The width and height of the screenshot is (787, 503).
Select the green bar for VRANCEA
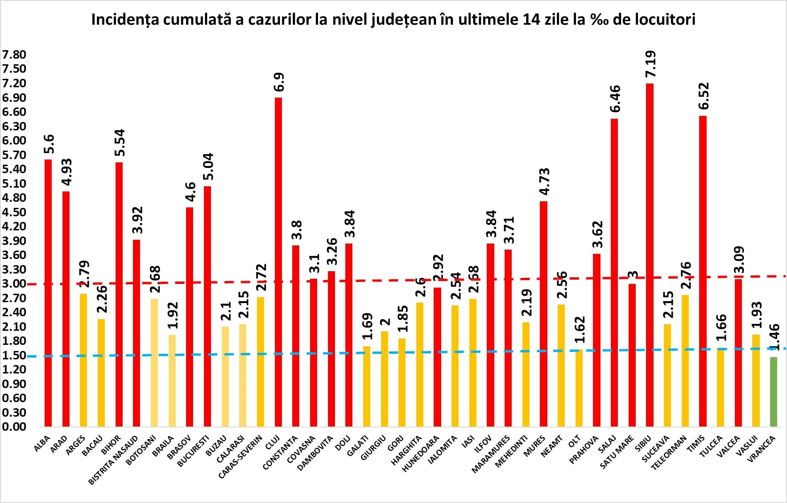773,392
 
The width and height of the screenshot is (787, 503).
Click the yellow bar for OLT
579,388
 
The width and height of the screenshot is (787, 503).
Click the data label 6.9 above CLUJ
279,82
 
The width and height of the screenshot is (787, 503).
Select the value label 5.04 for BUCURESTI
208,166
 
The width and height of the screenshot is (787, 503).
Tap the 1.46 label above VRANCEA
774,336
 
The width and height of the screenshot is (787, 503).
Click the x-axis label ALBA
42,444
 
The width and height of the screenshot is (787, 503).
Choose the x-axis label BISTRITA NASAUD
114,460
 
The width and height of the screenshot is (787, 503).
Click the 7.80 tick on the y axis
14,55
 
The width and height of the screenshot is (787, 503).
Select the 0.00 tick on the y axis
14,427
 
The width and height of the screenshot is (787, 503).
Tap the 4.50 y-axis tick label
14,212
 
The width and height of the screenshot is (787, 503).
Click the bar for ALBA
48,293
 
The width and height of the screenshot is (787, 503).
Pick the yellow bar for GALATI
366,386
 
